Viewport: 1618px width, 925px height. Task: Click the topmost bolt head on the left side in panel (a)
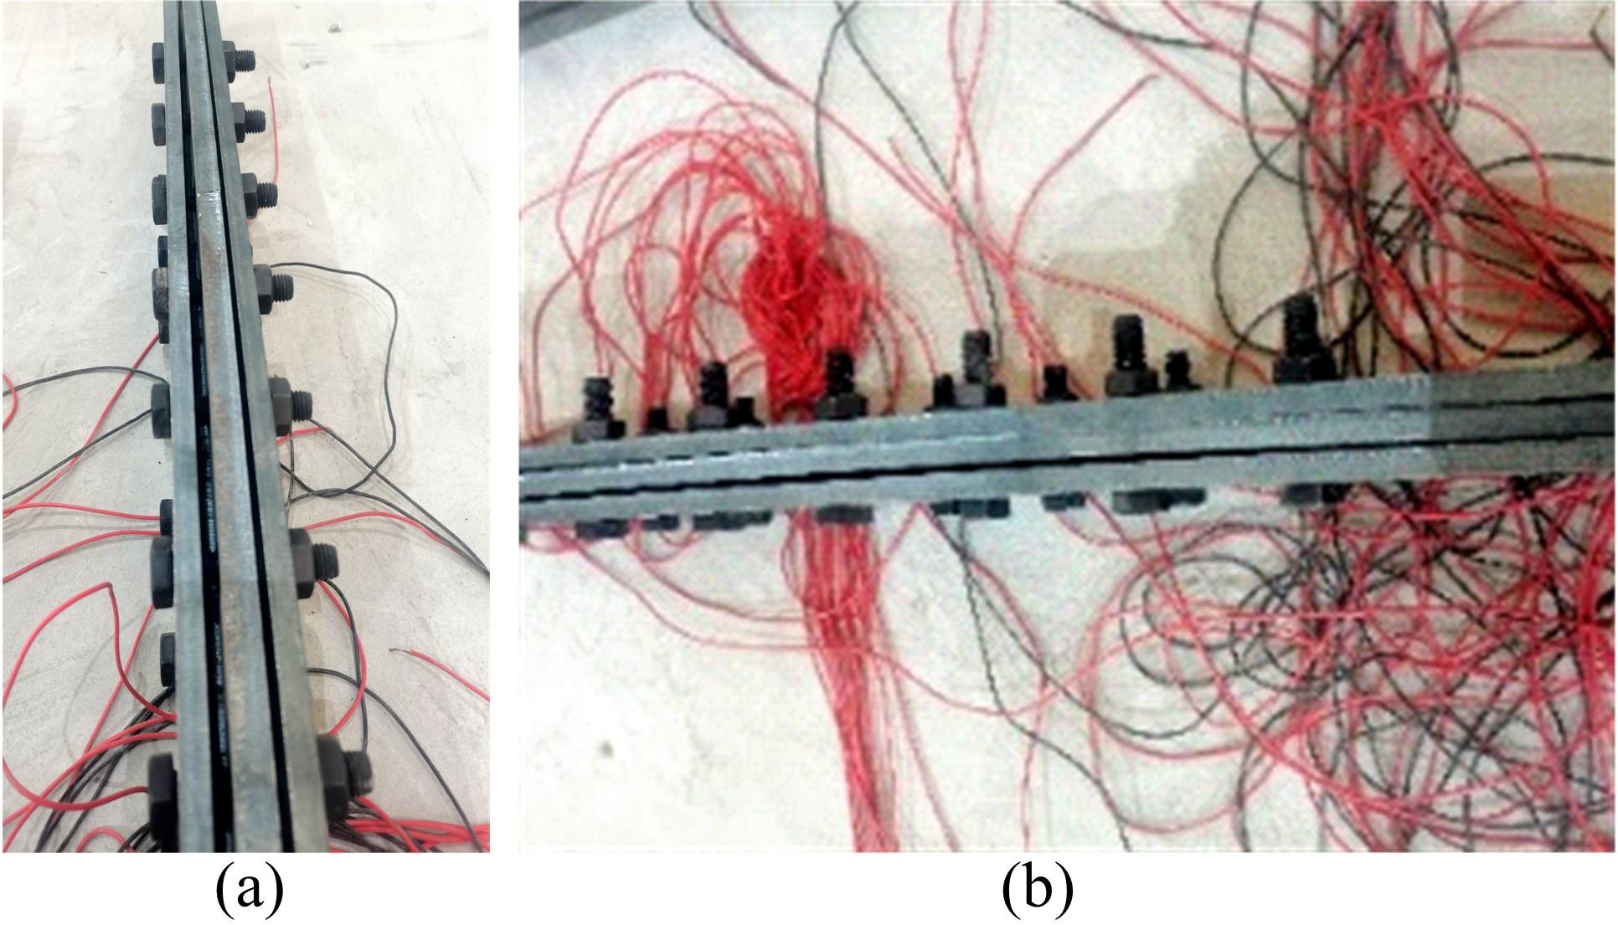pyautogui.click(x=161, y=61)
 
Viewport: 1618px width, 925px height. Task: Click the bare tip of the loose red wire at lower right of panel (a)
pyautogui.click(x=395, y=650)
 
